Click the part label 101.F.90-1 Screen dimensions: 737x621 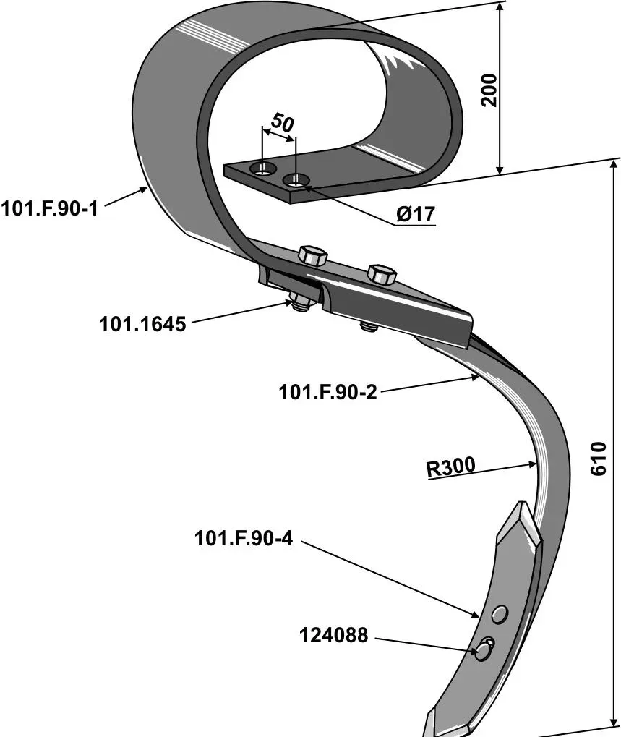coord(49,209)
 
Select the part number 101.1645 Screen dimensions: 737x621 coord(142,323)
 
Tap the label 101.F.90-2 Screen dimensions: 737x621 coord(328,392)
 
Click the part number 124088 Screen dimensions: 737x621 coord(333,636)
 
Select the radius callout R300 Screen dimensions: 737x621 coord(450,467)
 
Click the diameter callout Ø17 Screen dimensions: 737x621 coord(414,214)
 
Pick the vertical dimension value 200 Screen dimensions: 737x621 coord(489,90)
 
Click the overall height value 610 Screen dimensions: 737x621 coord(599,460)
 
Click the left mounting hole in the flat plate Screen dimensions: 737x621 coord(263,169)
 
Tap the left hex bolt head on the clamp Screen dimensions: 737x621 coord(312,255)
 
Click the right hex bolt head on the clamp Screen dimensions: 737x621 coord(381,273)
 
